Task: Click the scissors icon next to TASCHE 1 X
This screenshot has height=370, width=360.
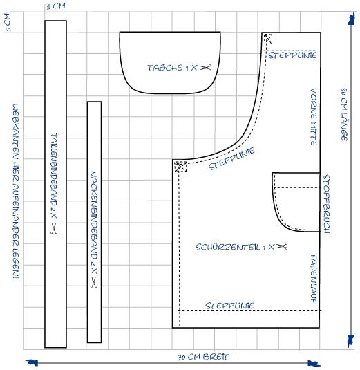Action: pyautogui.click(x=205, y=68)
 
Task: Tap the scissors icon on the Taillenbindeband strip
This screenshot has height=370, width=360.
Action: pyautogui.click(x=54, y=228)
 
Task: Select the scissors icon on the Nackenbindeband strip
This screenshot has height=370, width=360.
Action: pyautogui.click(x=94, y=282)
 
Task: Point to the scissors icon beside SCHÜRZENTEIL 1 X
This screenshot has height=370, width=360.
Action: pyautogui.click(x=282, y=246)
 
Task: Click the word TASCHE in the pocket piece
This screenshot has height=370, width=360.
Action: pyautogui.click(x=164, y=68)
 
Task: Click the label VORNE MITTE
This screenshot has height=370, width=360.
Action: pyautogui.click(x=314, y=118)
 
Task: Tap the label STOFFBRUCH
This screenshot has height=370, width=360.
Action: pyautogui.click(x=327, y=204)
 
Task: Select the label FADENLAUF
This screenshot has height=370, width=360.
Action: pyautogui.click(x=314, y=279)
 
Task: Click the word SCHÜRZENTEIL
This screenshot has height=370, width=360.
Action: pyautogui.click(x=227, y=247)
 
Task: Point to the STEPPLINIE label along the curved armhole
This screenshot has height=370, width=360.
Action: pyautogui.click(x=231, y=158)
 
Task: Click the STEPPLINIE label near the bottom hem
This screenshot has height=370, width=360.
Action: pyautogui.click(x=229, y=306)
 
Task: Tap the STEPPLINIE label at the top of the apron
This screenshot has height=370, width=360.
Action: pyautogui.click(x=292, y=55)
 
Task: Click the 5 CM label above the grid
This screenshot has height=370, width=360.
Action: pyautogui.click(x=56, y=6)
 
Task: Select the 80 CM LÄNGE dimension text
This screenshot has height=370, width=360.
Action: pyautogui.click(x=344, y=114)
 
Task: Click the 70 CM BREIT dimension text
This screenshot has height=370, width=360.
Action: pyautogui.click(x=203, y=357)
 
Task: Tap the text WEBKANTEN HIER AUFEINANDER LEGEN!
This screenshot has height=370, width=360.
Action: pyautogui.click(x=16, y=191)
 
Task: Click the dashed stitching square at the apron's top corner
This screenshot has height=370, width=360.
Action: pyautogui.click(x=268, y=39)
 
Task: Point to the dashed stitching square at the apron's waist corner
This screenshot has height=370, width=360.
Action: pyautogui.click(x=180, y=167)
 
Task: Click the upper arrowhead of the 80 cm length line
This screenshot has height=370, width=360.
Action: pyautogui.click(x=351, y=19)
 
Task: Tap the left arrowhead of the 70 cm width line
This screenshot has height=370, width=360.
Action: pyautogui.click(x=32, y=362)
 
